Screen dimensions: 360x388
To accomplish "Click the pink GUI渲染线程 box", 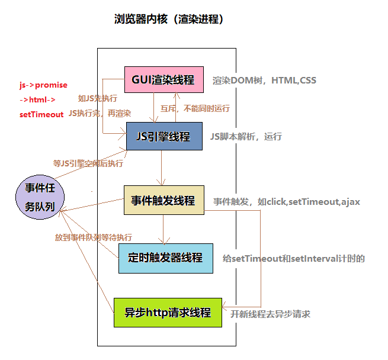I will [164, 80].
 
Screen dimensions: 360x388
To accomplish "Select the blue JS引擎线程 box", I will [164, 137].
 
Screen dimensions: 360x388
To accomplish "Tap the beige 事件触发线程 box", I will [163, 200].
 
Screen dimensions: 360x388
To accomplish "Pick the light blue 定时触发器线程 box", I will [165, 258].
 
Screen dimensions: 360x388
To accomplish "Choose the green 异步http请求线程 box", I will [168, 312].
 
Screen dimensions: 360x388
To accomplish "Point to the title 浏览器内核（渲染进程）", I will [168, 20].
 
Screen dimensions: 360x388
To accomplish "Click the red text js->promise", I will [43, 85].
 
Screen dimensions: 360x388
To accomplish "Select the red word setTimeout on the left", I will [41, 114].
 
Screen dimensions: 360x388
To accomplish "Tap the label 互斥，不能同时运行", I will [195, 109].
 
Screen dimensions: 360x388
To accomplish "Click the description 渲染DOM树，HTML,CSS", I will [265, 81].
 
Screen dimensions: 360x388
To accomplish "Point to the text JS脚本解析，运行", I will [246, 137].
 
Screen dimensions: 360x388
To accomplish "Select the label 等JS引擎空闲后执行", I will [88, 163].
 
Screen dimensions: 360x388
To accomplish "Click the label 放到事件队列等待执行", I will [94, 237].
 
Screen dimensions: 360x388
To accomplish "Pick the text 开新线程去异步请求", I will [270, 314].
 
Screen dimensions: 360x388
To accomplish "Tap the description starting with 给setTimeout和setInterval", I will [293, 259].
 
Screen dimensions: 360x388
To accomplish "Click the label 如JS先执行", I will [98, 98].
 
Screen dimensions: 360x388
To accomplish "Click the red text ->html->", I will [37, 99].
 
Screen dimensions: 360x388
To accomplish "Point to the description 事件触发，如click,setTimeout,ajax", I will [287, 202].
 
